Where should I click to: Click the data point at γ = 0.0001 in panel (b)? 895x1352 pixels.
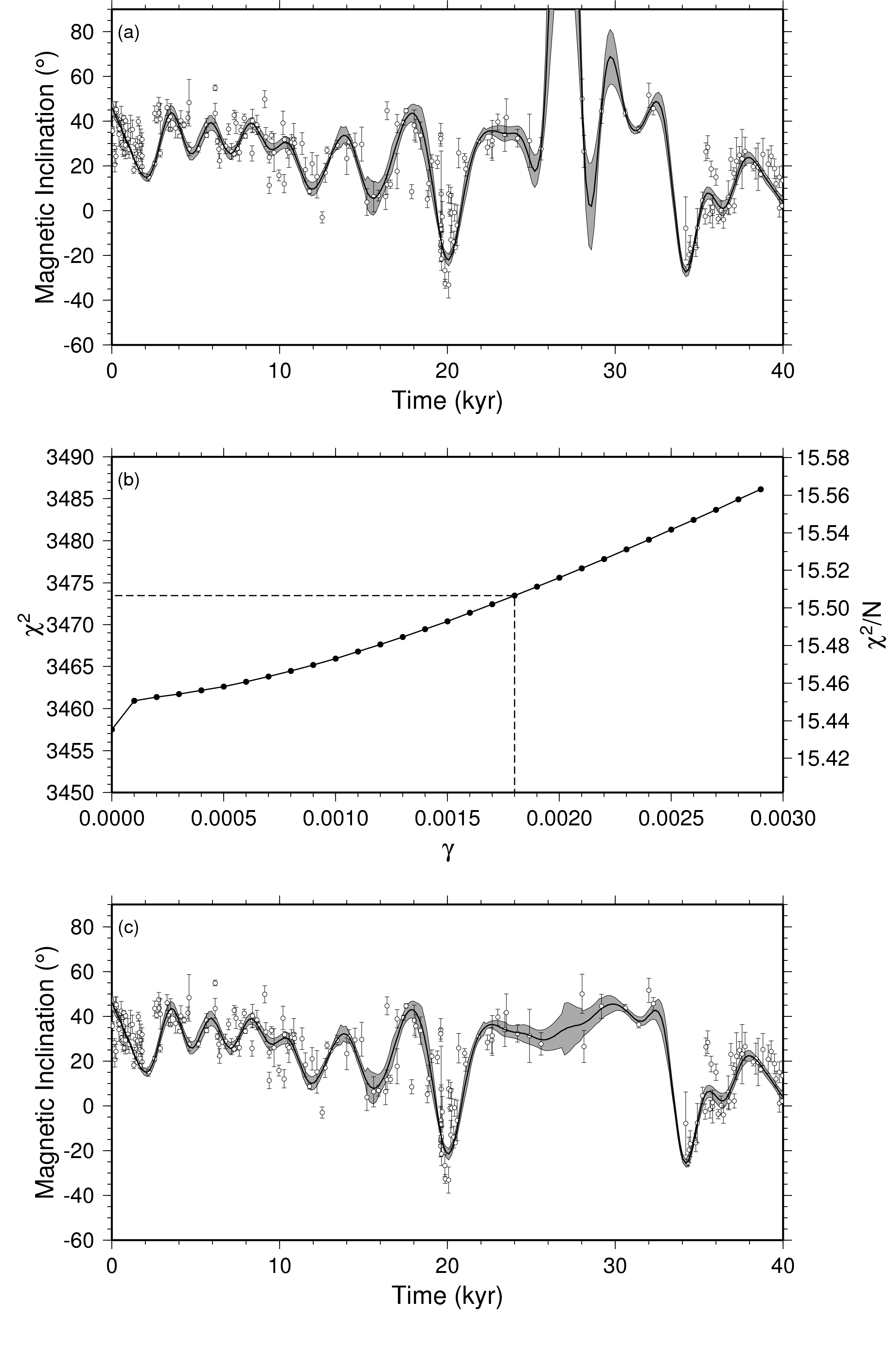tap(135, 700)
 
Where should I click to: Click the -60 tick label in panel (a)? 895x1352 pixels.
tap(86, 345)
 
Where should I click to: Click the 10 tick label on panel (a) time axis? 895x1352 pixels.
tap(280, 370)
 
